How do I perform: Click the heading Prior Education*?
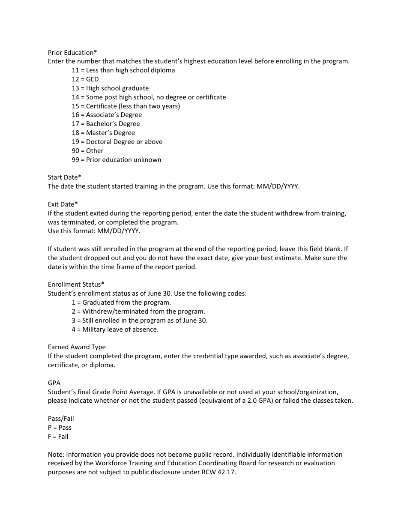click(x=72, y=53)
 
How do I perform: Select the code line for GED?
click(x=85, y=79)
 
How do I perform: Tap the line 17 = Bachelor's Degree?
click(x=106, y=124)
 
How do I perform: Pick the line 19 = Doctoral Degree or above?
click(x=117, y=142)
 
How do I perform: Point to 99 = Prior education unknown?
click(x=117, y=160)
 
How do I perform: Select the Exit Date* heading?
click(x=63, y=204)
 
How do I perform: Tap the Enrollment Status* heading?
click(x=76, y=284)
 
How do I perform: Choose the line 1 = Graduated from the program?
click(x=121, y=302)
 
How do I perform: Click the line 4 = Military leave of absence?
click(x=115, y=329)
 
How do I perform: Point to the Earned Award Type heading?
click(x=77, y=347)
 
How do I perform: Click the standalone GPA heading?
click(x=54, y=383)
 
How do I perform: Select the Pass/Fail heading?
click(x=61, y=419)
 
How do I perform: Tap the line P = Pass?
click(x=60, y=428)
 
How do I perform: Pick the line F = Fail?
click(x=58, y=437)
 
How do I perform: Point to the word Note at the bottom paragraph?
click(x=55, y=455)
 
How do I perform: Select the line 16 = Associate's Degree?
click(x=107, y=115)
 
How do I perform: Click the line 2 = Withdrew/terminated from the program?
click(x=138, y=311)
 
